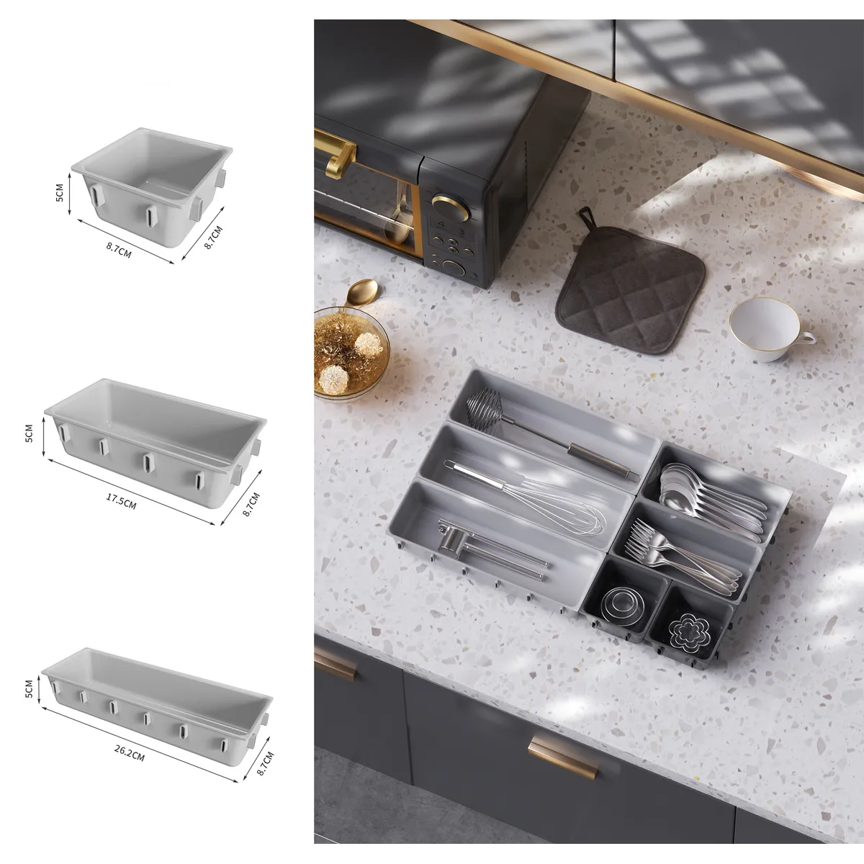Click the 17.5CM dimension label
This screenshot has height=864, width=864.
point(121,501)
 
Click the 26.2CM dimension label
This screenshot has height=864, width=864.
point(130,752)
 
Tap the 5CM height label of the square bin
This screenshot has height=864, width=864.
point(60,192)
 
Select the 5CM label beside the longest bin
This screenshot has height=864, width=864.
point(30,688)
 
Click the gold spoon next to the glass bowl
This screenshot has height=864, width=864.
point(361,292)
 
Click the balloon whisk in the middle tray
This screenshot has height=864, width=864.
point(533,497)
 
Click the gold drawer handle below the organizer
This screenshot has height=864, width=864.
point(562,757)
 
